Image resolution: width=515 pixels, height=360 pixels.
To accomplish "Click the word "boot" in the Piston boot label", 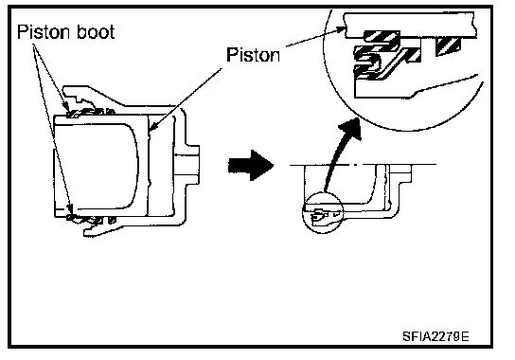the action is coord(96,32).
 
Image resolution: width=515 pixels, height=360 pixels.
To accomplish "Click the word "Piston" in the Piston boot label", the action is coord(44,32).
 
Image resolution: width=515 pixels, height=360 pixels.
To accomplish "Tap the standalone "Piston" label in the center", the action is coord(253,55).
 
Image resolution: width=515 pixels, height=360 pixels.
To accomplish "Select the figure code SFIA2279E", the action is coord(435,336).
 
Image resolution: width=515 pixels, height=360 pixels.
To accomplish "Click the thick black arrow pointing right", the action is coord(251,165).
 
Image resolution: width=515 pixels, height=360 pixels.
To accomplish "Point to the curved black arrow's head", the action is coord(351,130).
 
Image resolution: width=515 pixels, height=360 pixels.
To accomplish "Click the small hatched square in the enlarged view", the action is coord(448,46).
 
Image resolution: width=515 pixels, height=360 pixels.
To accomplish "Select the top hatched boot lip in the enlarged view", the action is coord(382,37).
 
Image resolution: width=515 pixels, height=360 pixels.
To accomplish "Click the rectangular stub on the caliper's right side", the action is coord(192,165).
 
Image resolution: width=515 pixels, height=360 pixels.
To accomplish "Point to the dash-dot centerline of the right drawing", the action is coord(363,164).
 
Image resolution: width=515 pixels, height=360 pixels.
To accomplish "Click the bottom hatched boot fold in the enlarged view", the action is coord(368,72).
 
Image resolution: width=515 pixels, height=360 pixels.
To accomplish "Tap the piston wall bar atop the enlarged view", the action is coord(410,26).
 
